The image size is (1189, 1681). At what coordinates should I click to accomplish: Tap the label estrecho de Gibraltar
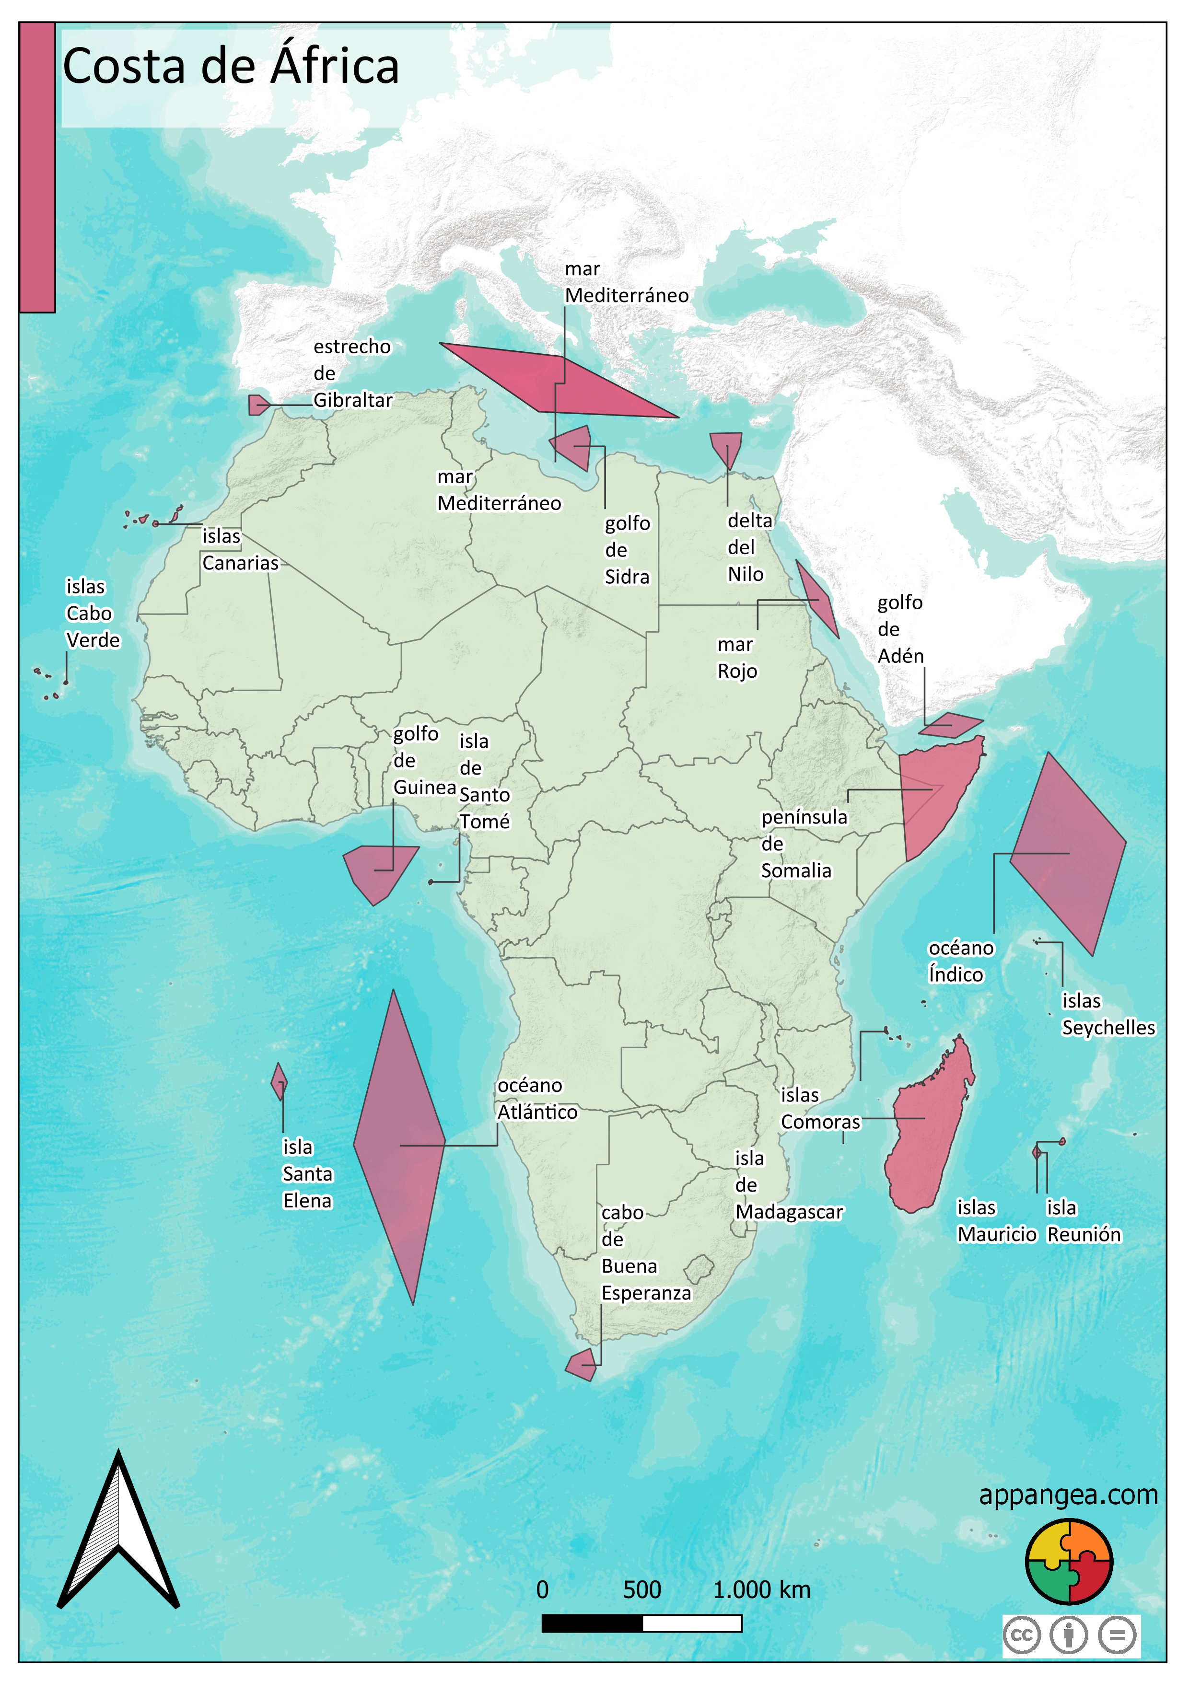click(352, 373)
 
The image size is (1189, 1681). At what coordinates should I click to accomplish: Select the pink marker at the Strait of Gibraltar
click(257, 405)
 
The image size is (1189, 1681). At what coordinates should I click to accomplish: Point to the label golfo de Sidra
click(627, 550)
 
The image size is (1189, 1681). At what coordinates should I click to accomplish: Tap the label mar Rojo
click(736, 658)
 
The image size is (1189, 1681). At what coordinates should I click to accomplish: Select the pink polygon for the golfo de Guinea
click(379, 870)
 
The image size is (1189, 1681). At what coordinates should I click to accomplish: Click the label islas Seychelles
click(1107, 1014)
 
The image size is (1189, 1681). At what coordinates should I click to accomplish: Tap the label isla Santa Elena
click(307, 1173)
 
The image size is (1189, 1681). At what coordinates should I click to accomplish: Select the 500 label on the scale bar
click(641, 1589)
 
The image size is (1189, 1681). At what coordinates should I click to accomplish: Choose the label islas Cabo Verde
click(92, 614)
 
